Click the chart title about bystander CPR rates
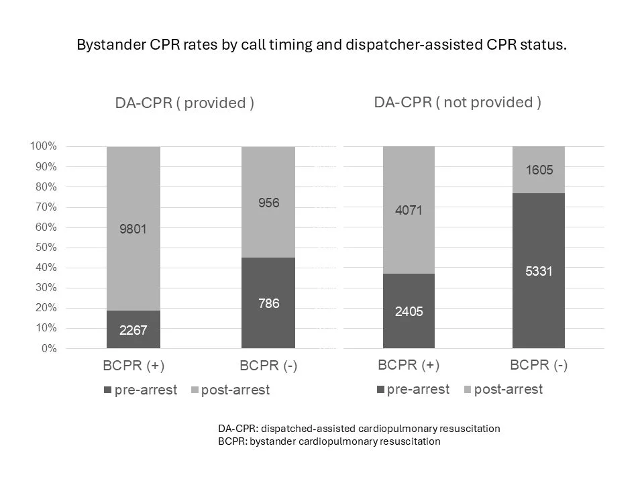pyautogui.click(x=322, y=46)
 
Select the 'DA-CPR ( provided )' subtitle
pyautogui.click(x=184, y=103)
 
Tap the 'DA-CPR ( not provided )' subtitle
pyautogui.click(x=458, y=102)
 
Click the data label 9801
pyautogui.click(x=133, y=229)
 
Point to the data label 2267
pyautogui.click(x=133, y=330)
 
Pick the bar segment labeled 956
pyautogui.click(x=268, y=203)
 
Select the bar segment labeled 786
pyautogui.click(x=268, y=303)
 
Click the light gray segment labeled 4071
pyautogui.click(x=409, y=211)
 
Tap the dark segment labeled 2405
pyautogui.click(x=409, y=311)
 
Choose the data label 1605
pyautogui.click(x=539, y=170)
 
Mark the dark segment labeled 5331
pyautogui.click(x=539, y=271)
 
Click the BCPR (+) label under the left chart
pyautogui.click(x=133, y=366)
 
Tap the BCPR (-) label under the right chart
pyautogui.click(x=539, y=366)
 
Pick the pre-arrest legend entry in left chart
pyautogui.click(x=141, y=390)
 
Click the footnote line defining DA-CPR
pyautogui.click(x=359, y=429)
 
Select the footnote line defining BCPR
pyautogui.click(x=329, y=441)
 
